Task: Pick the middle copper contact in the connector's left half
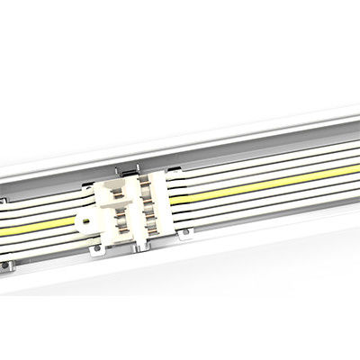click(x=121, y=214)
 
